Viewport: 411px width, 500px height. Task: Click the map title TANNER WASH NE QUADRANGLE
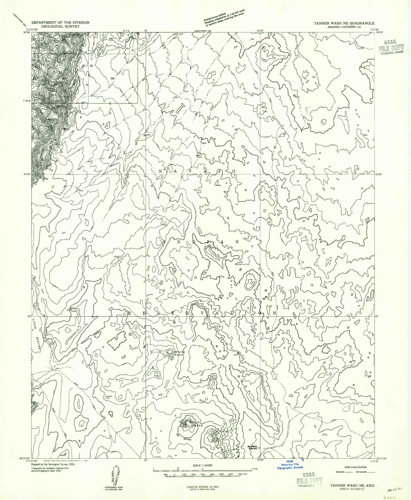(344, 23)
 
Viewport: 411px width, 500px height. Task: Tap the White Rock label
(179, 353)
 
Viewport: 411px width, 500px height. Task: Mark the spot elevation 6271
(203, 401)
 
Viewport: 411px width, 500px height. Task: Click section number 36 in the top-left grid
(112, 79)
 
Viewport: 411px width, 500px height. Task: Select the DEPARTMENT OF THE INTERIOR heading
(60, 22)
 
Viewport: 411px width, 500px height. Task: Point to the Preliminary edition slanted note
(224, 19)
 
